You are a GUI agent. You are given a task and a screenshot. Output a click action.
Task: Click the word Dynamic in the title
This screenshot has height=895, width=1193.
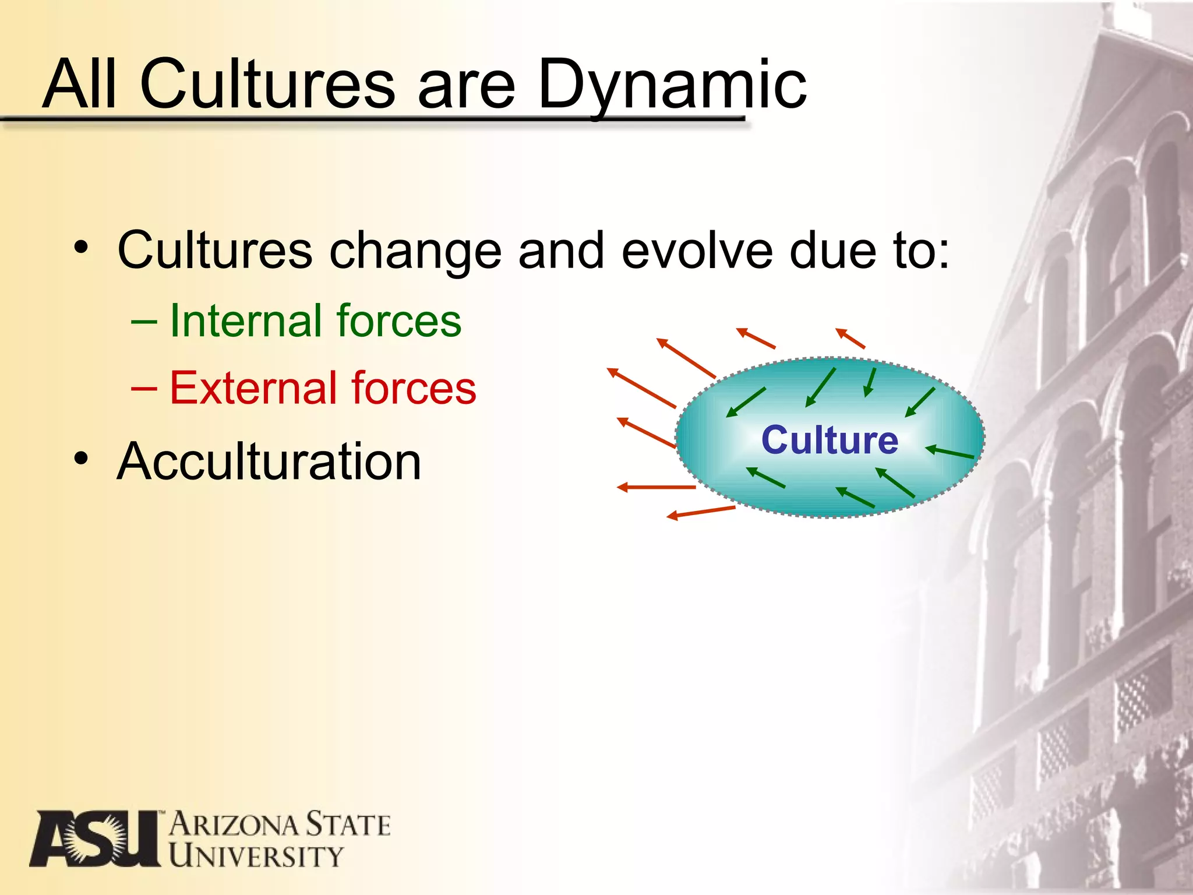[672, 86]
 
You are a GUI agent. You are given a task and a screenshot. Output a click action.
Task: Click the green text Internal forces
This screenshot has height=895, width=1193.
[315, 321]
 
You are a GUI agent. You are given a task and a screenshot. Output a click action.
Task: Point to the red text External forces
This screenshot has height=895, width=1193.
[323, 388]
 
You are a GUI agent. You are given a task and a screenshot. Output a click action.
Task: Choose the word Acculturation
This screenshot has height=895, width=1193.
[269, 461]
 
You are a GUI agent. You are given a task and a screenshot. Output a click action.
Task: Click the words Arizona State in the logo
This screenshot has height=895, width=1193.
[280, 824]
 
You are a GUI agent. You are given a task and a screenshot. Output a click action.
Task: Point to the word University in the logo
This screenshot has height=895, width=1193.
[256, 857]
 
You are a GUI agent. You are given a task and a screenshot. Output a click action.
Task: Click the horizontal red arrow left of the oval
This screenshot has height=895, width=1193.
[656, 487]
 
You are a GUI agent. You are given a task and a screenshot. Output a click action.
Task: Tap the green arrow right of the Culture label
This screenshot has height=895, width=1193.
[950, 452]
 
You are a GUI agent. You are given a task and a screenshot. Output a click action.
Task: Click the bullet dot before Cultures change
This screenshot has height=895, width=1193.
[82, 247]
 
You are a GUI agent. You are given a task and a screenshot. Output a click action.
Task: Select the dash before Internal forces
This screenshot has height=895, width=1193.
[144, 321]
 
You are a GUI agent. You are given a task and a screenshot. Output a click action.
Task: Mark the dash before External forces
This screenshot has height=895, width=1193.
[144, 388]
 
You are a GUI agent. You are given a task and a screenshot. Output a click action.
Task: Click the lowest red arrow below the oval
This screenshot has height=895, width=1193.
[701, 512]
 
